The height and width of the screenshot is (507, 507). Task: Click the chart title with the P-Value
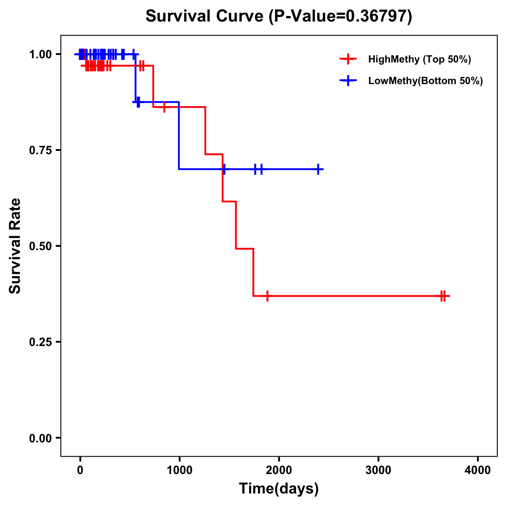[x=279, y=16]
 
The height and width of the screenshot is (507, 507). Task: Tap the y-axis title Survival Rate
[x=15, y=245]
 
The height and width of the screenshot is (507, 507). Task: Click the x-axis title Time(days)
[x=279, y=488]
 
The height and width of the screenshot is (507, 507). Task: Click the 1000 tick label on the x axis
[x=179, y=470]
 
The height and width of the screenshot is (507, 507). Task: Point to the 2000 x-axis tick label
[x=279, y=470]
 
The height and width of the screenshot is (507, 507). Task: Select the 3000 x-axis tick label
[x=378, y=470]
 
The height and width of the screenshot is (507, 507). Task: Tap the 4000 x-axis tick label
[x=478, y=470]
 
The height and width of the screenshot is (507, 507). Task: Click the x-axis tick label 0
[x=80, y=470]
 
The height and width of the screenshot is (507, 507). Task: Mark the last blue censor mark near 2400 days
[x=318, y=169]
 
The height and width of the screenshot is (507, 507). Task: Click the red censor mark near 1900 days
[x=267, y=296]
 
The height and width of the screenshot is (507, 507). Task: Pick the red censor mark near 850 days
[x=164, y=107]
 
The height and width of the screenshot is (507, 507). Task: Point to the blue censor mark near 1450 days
[x=224, y=169]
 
